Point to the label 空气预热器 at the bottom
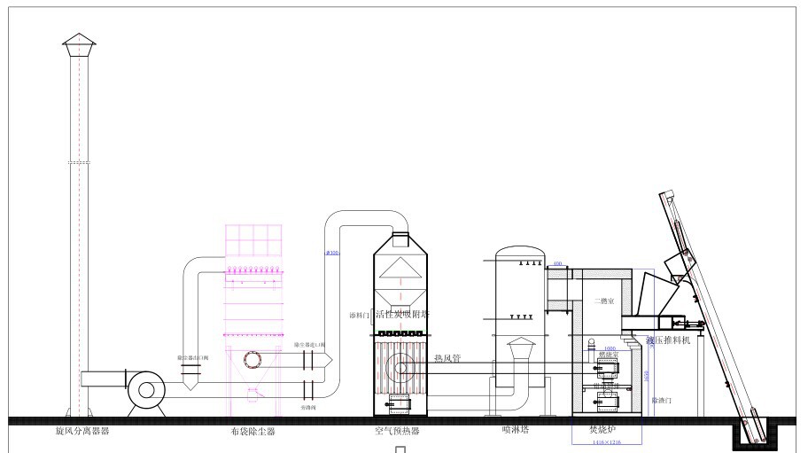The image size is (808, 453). pos(397,432)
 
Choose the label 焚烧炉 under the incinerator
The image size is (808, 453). pos(602,430)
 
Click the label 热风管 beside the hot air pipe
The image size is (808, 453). pos(447,358)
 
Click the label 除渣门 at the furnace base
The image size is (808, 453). pos(661,401)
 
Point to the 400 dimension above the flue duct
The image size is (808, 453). pos(557,264)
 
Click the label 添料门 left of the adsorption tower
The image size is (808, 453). pos(360,315)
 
